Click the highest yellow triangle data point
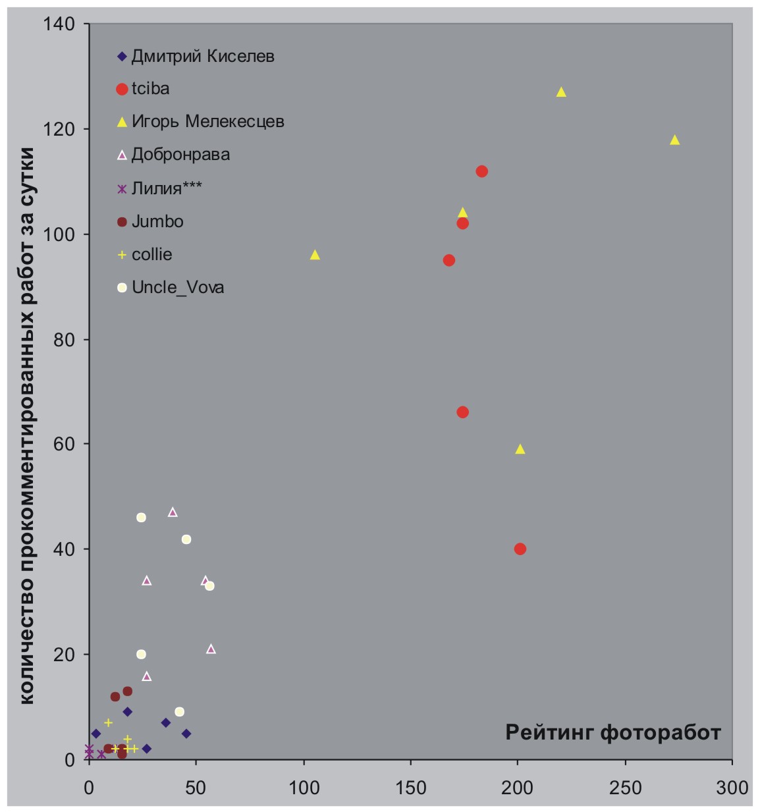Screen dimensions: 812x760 pos(561,92)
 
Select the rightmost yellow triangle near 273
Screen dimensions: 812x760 pos(674,140)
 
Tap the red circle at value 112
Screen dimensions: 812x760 pos(481,171)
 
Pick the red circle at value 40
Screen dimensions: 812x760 pos(520,549)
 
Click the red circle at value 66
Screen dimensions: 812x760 pos(462,412)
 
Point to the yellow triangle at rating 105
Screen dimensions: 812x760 pos(315,255)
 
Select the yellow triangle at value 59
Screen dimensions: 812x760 pos(520,449)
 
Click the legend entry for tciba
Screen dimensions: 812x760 pos(150,88)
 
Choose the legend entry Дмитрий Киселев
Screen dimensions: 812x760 pos(202,56)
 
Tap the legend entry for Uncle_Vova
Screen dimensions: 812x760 pos(177,288)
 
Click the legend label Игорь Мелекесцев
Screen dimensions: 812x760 pos(207,121)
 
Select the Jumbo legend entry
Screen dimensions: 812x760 pos(157,221)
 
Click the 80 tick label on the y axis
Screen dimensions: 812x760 pos(63,339)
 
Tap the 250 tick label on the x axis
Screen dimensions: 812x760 pos(625,788)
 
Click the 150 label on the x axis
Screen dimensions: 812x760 pos(410,788)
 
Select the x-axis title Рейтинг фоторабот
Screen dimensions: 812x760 pos(613,732)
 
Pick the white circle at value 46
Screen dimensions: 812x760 pos(141,518)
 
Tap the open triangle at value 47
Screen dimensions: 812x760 pos(173,512)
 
